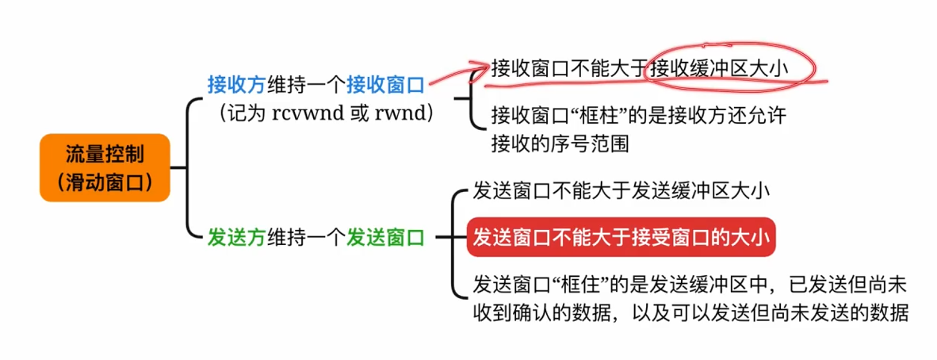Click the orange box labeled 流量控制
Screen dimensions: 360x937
tap(105, 167)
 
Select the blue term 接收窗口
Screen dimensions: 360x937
tap(386, 84)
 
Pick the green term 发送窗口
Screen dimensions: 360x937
tap(386, 236)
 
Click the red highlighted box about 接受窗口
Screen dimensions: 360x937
tap(620, 236)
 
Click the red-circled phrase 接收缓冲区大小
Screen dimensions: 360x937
tap(719, 67)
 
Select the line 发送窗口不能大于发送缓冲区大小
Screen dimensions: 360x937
tap(621, 191)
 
